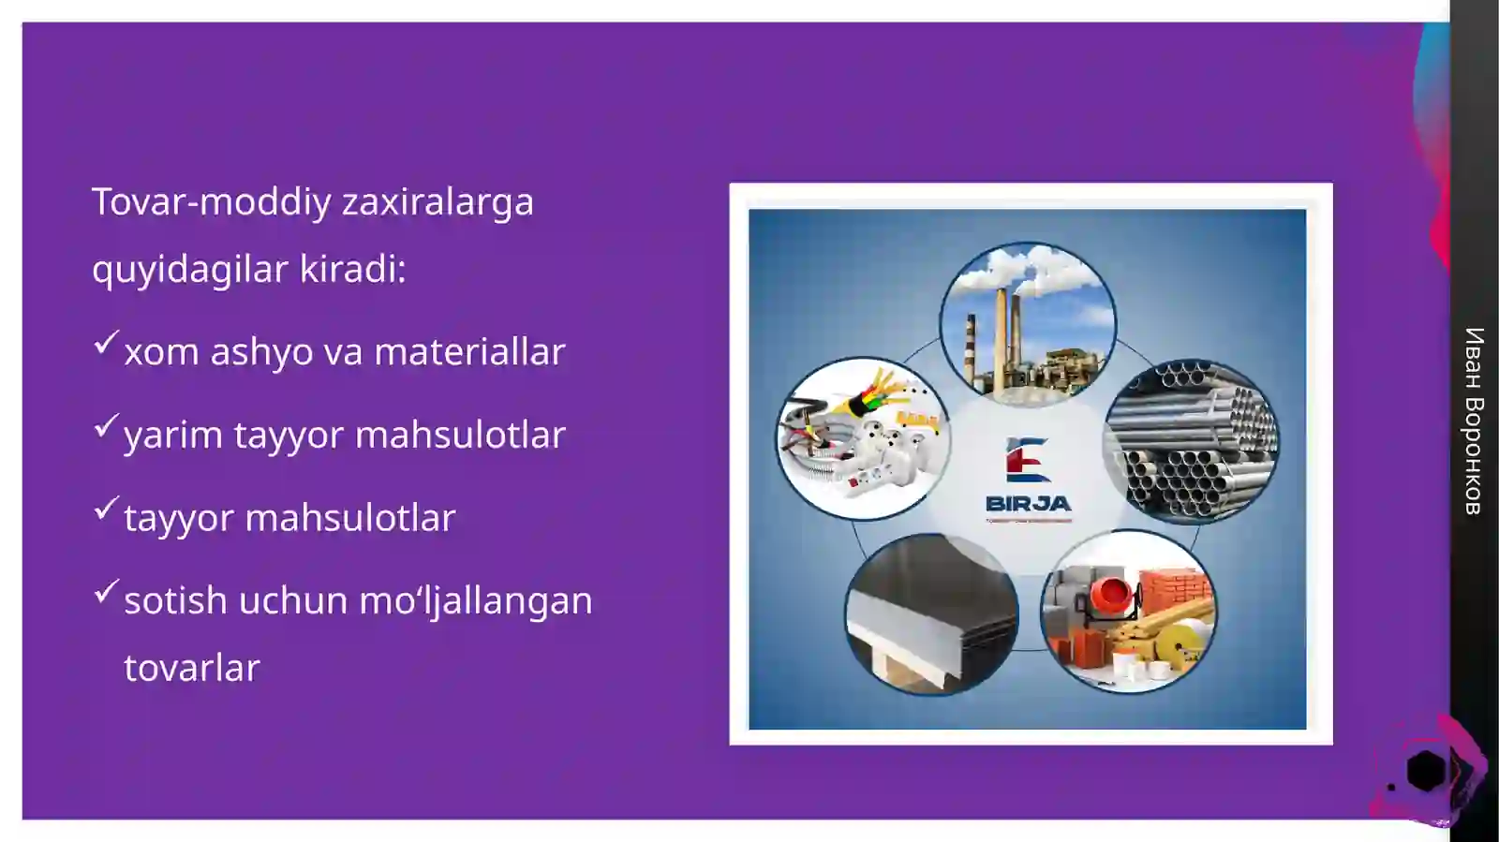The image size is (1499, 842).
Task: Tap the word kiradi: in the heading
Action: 352,270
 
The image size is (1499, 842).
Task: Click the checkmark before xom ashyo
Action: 106,342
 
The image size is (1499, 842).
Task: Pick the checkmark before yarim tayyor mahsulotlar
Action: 106,425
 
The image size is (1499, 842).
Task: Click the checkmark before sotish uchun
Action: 106,591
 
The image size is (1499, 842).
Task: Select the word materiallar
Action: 469,352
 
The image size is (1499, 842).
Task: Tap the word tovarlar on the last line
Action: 191,669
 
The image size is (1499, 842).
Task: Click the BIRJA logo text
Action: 1028,504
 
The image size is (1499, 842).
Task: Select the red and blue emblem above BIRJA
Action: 1027,460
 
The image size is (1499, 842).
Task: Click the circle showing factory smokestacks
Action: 1028,324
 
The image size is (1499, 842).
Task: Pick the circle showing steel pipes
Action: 1191,441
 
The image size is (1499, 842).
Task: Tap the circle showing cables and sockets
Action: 863,438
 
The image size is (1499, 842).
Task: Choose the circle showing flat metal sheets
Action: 931,614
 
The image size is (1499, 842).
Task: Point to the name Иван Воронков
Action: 1473,421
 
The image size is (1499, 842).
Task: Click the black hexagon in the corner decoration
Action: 1426,770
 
